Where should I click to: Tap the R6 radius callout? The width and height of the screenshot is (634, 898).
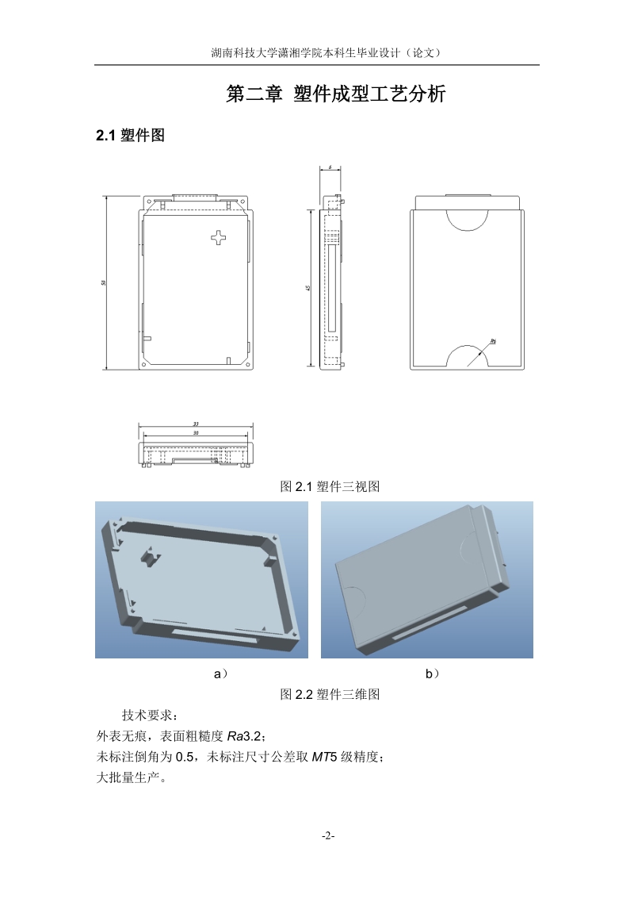[492, 340]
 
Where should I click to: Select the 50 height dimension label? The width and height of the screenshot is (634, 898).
[104, 282]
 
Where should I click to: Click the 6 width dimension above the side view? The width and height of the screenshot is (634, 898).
[329, 168]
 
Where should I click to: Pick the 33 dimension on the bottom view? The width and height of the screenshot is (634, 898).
[196, 424]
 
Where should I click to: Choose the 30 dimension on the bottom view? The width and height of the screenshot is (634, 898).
[196, 433]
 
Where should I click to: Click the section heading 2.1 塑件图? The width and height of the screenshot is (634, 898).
[130, 136]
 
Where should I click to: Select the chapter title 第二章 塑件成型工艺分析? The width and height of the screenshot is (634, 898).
[336, 94]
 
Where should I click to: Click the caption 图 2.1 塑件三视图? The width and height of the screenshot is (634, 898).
[330, 486]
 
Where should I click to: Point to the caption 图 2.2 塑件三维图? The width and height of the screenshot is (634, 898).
[330, 694]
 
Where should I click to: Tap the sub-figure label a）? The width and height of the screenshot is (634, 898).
[221, 673]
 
